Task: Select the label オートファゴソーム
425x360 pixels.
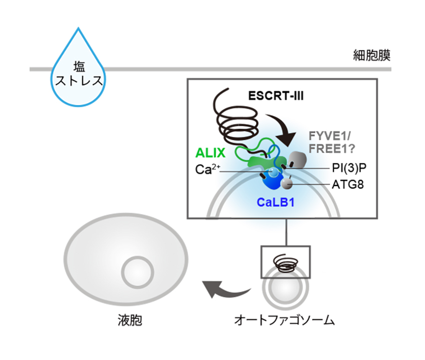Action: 284,320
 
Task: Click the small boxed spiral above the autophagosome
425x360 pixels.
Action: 286,261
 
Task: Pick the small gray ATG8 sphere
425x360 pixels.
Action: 286,184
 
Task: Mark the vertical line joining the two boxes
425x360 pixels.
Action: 286,232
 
